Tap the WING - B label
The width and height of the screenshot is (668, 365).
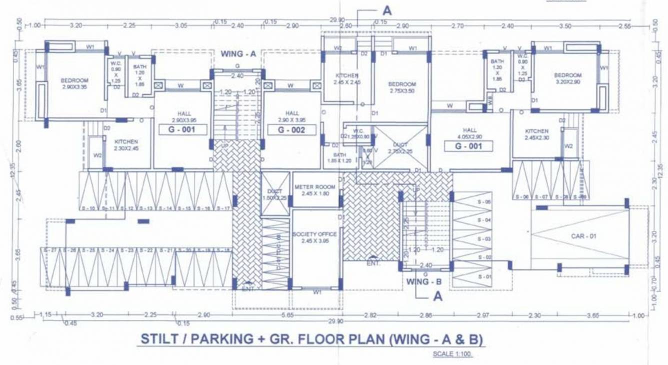point(424,281)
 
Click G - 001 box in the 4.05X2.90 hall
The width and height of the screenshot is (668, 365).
point(468,146)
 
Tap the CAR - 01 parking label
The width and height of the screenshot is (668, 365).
point(584,236)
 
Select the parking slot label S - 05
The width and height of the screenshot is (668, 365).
point(484,202)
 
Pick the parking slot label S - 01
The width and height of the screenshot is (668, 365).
point(484,276)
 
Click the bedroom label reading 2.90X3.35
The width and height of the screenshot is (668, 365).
point(74,83)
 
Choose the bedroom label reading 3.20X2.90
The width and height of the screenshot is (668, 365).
point(568,78)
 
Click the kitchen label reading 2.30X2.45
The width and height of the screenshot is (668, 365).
point(125,145)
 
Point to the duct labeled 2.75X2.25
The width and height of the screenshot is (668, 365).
point(400,147)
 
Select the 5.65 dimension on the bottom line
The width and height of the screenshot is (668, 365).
point(287,315)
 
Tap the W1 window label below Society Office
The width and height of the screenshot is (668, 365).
point(317,291)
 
